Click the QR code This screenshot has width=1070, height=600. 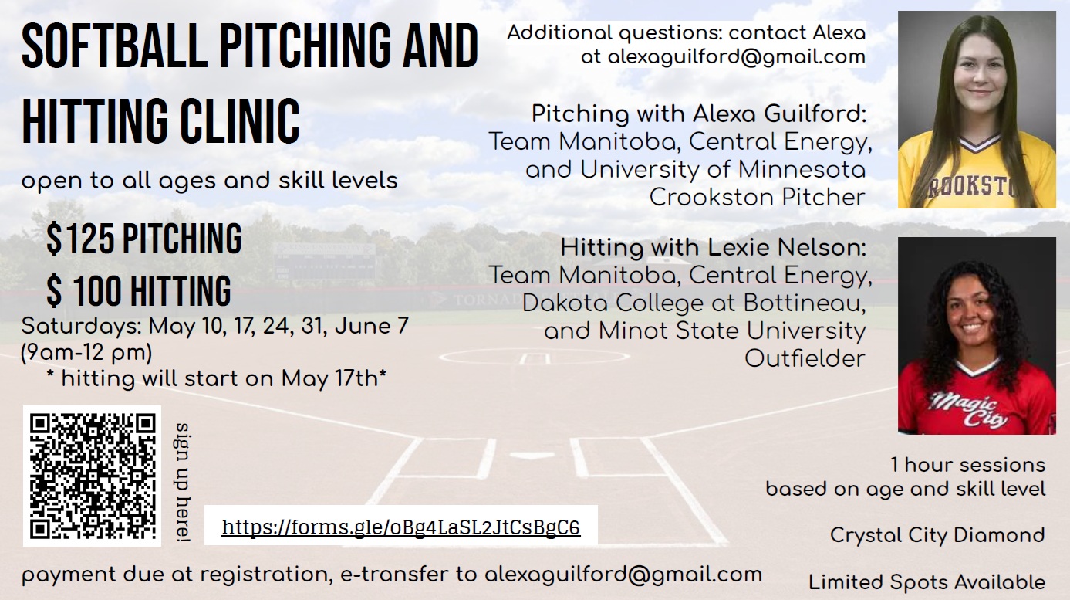(93, 476)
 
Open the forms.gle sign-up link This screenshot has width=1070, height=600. (401, 527)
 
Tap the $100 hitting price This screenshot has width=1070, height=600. (139, 290)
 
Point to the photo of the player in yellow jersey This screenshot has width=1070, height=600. (977, 110)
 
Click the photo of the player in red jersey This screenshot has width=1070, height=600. (977, 336)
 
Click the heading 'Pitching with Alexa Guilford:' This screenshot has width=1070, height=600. (699, 114)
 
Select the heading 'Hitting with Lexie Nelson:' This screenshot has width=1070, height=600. (713, 248)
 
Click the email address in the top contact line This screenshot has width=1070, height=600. (736, 57)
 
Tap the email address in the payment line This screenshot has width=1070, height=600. (623, 575)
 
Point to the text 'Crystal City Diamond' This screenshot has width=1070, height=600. (937, 535)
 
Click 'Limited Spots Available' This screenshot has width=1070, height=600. (927, 582)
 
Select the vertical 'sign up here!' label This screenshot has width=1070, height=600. (182, 483)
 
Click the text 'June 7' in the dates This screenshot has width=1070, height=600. (372, 326)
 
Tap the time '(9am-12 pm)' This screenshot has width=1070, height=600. (86, 353)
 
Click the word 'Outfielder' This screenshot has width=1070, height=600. (805, 358)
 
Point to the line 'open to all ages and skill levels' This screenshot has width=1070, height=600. (210, 181)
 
